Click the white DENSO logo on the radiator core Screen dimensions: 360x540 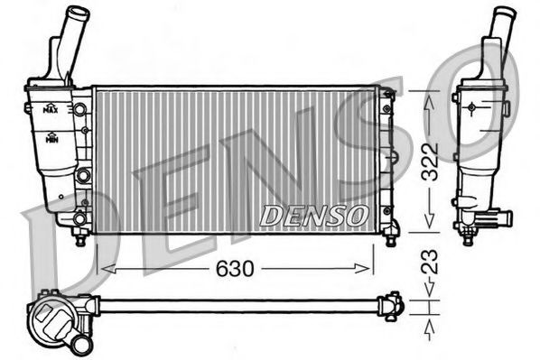313,216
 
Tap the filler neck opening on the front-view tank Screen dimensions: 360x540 79,14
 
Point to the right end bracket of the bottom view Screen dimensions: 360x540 392,306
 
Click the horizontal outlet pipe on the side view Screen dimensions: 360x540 498,218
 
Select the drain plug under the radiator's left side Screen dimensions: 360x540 80,238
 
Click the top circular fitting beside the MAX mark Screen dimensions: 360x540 81,108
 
